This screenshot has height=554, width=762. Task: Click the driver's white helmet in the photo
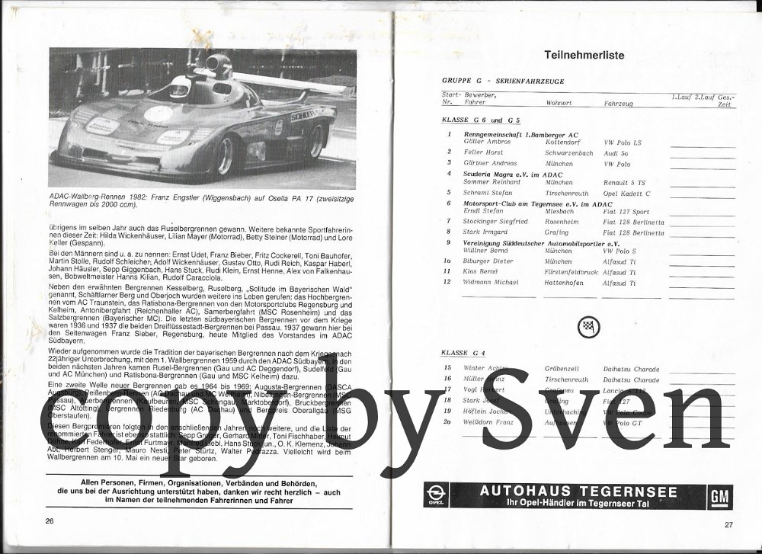click(x=179, y=89)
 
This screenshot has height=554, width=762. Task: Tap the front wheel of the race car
click(x=225, y=155)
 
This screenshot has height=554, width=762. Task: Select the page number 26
click(x=50, y=520)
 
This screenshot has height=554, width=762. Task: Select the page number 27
click(x=728, y=524)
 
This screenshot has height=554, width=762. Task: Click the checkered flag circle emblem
click(x=588, y=326)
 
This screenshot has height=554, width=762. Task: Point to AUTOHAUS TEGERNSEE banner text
click(x=578, y=491)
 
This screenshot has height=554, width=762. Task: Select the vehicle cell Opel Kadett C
click(x=626, y=194)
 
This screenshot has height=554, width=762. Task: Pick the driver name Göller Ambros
click(x=487, y=143)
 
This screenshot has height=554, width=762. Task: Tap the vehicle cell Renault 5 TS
click(x=624, y=183)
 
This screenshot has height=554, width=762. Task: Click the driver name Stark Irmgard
click(x=485, y=232)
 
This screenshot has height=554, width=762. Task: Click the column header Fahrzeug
click(x=619, y=102)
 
